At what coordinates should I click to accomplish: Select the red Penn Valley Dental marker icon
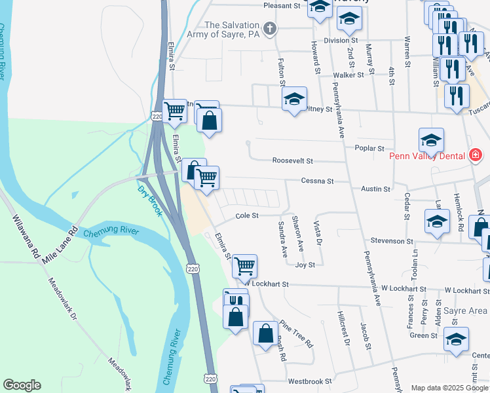(476, 155)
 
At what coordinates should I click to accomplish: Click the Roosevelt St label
(293, 160)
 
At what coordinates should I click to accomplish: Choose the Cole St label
(247, 215)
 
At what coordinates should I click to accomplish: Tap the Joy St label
(305, 265)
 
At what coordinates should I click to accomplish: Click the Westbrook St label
(310, 381)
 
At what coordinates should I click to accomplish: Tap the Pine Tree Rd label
(296, 333)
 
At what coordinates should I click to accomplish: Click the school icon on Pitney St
(294, 100)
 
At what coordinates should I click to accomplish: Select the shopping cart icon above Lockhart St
(244, 265)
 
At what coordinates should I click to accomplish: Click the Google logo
(22, 385)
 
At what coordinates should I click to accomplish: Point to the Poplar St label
(369, 149)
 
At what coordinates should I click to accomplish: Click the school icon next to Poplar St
(431, 139)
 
